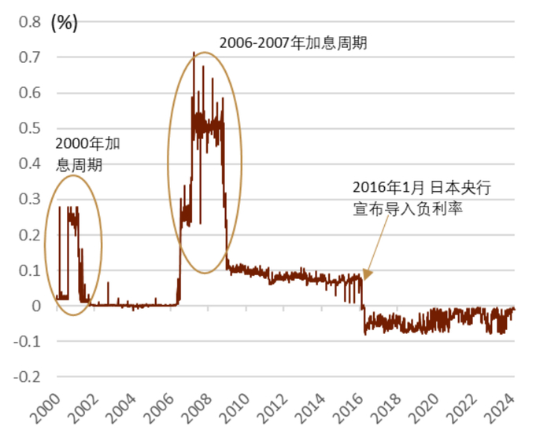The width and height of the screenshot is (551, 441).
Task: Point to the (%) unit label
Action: pyautogui.click(x=64, y=22)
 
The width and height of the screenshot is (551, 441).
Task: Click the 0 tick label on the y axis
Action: pyautogui.click(x=36, y=306)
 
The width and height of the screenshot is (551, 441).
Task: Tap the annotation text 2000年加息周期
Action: pyautogui.click(x=87, y=154)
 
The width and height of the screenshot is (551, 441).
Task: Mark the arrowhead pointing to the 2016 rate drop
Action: pyautogui.click(x=366, y=275)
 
